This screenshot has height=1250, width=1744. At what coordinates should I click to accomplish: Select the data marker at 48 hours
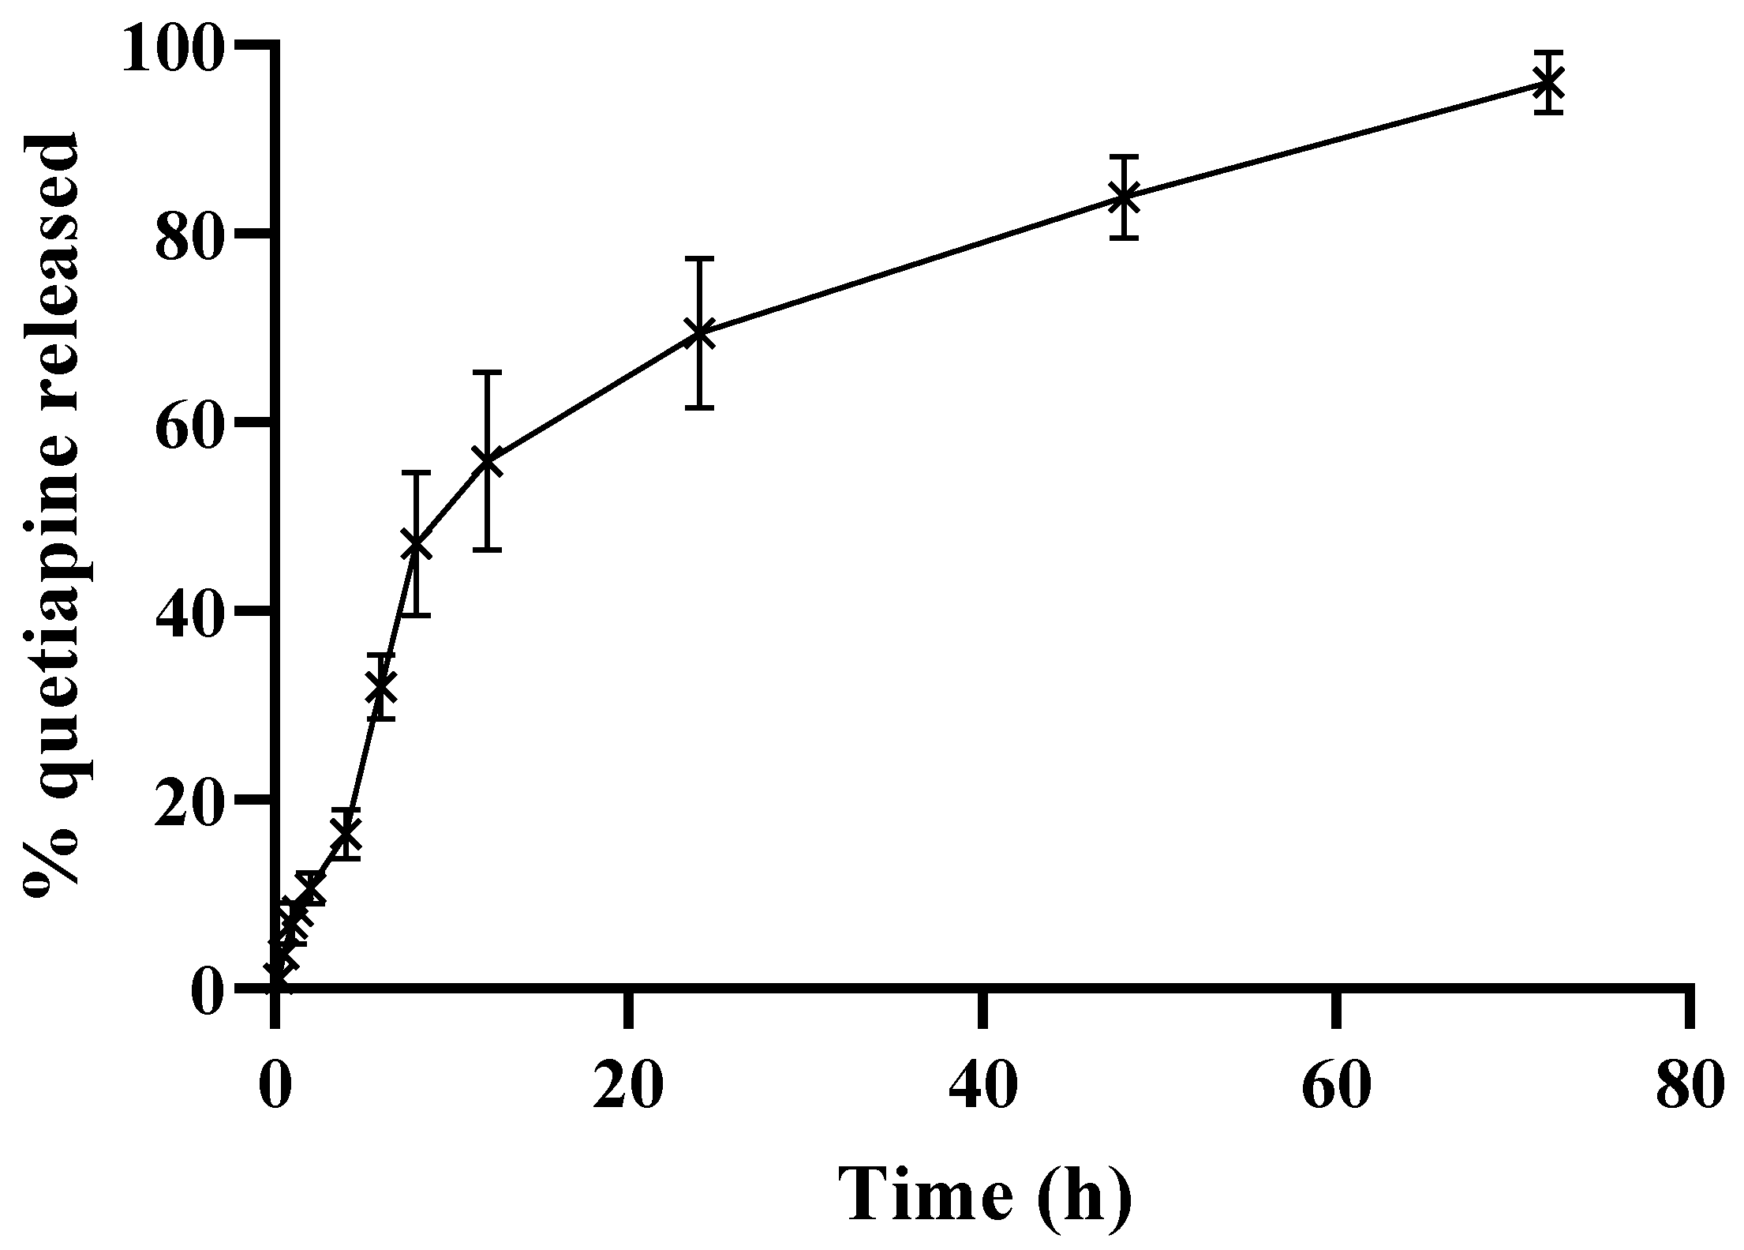1124,197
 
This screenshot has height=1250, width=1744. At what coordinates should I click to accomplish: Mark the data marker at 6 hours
381,685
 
